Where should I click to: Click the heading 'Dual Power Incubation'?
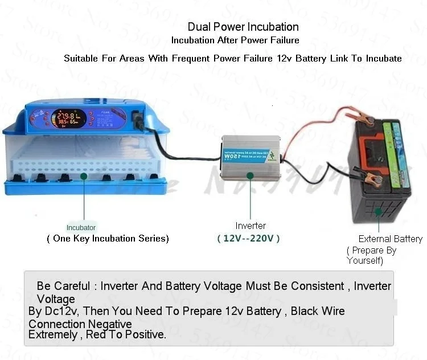coord(243,27)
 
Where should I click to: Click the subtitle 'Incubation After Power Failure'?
coord(235,40)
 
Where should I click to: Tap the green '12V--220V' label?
coord(249,239)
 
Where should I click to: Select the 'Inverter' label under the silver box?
coord(251,226)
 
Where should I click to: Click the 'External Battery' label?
coord(390,239)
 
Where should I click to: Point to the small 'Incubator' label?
coord(81,227)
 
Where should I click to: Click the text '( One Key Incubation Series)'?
coord(108,239)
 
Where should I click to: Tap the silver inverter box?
coord(251,157)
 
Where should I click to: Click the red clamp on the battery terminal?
coord(364,121)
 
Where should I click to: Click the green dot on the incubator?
coord(84,177)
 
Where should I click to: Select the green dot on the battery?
coord(378,212)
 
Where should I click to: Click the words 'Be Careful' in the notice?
coord(63,286)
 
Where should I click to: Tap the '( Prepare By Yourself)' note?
coord(371,256)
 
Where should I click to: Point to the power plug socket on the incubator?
coord(138,118)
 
